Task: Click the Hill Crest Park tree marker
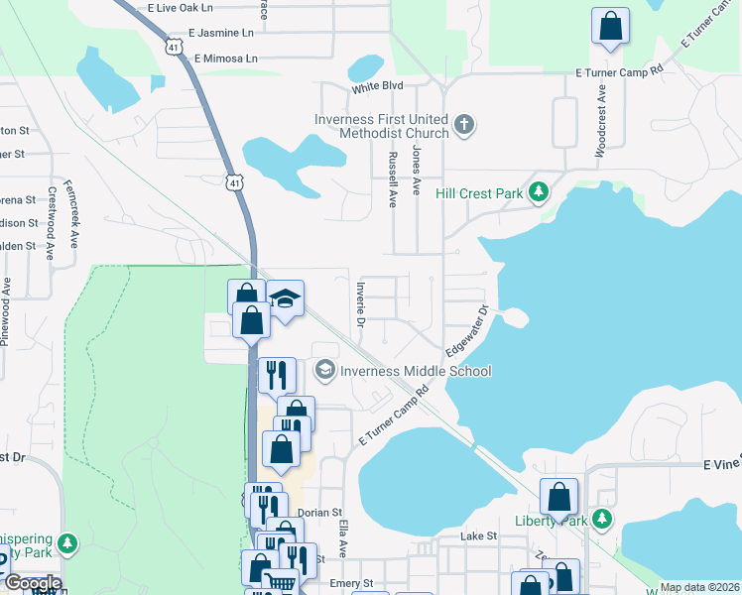pyautogui.click(x=539, y=192)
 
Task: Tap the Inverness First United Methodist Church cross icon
pyautogui.click(x=463, y=125)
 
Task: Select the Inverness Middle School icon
pyautogui.click(x=324, y=371)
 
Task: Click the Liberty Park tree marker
pyautogui.click(x=600, y=519)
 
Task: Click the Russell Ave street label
pyautogui.click(x=393, y=178)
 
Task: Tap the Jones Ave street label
pyautogui.click(x=417, y=171)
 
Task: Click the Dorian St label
pyautogui.click(x=319, y=513)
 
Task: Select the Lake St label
pyautogui.click(x=477, y=535)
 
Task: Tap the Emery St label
pyautogui.click(x=351, y=584)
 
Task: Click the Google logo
pyautogui.click(x=32, y=583)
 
